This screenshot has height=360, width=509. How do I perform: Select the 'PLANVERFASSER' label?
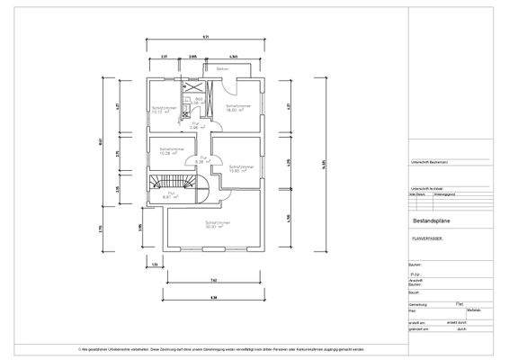427,240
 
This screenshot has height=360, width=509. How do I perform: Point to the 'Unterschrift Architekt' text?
420,188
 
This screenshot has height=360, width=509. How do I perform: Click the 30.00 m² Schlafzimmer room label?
213,224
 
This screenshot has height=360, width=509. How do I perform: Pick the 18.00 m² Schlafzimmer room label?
238,108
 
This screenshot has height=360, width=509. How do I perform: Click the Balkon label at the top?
221,68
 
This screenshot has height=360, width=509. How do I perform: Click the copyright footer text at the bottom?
221,348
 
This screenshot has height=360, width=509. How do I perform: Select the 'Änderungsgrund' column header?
449,193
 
